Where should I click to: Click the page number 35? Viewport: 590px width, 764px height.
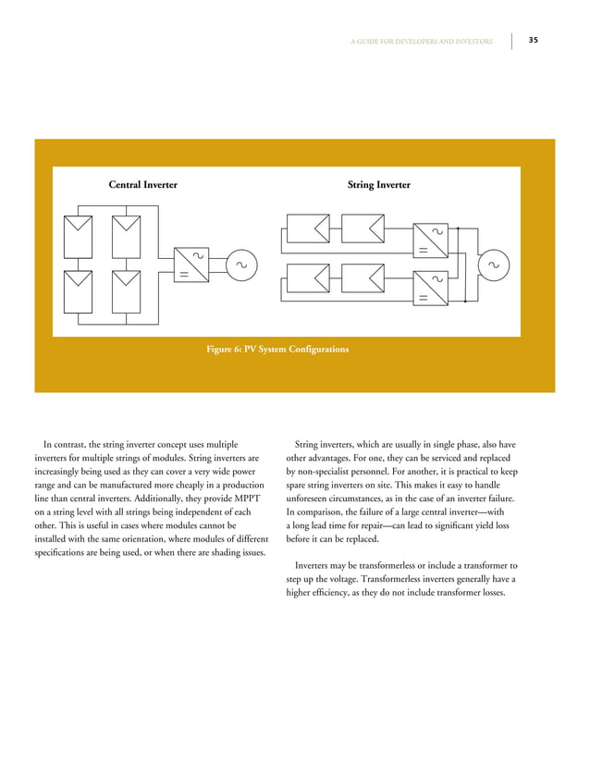pos(534,41)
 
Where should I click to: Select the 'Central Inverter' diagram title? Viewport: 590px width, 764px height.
pos(143,185)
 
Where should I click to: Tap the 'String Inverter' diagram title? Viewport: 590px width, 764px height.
pos(379,185)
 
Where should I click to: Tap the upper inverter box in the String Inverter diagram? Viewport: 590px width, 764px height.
pos(430,240)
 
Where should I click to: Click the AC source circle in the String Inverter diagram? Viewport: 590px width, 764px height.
pos(492,265)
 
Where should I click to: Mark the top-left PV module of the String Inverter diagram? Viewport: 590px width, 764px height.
pos(308,228)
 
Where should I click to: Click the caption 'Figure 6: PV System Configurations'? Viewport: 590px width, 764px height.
pos(277,350)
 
